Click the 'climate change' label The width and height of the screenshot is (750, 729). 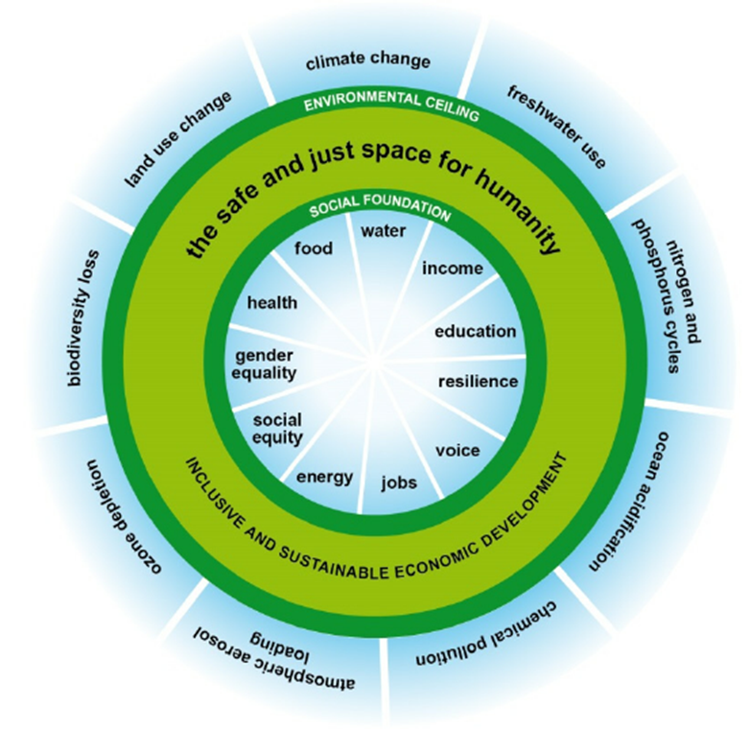pyautogui.click(x=368, y=60)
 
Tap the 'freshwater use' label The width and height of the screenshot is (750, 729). pyautogui.click(x=556, y=127)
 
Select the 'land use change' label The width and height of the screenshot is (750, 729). pyautogui.click(x=177, y=139)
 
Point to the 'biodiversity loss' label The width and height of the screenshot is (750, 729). pyautogui.click(x=83, y=317)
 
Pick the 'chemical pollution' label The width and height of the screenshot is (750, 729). pyautogui.click(x=486, y=635)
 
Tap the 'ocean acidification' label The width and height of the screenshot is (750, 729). pyautogui.click(x=629, y=501)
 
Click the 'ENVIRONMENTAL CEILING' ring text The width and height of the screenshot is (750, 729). pyautogui.click(x=391, y=105)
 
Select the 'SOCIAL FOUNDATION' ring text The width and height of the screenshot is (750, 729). pyautogui.click(x=380, y=206)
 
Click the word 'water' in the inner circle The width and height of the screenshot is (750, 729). pyautogui.click(x=383, y=231)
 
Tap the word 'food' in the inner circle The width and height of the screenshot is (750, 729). pyautogui.click(x=314, y=248)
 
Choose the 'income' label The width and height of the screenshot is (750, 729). pyautogui.click(x=452, y=269)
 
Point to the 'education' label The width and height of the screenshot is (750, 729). pyautogui.click(x=475, y=332)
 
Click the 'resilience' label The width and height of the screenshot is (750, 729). pyautogui.click(x=478, y=382)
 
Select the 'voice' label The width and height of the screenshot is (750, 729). pyautogui.click(x=457, y=451)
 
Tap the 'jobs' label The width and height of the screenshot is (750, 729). pyautogui.click(x=399, y=482)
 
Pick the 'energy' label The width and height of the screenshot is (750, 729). pyautogui.click(x=325, y=478)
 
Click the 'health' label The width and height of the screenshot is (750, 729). pyautogui.click(x=272, y=303)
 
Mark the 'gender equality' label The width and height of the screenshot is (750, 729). pyautogui.click(x=264, y=364)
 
